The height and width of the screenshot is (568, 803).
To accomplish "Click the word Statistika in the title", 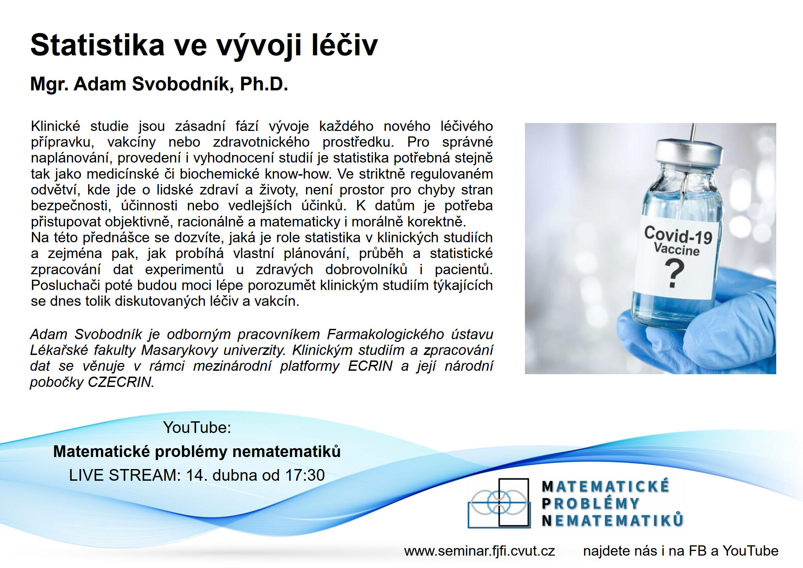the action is tap(97, 45).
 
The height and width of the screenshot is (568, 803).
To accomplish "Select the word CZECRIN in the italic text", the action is tap(121, 382).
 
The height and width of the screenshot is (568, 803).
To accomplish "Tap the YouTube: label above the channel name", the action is tap(197, 428).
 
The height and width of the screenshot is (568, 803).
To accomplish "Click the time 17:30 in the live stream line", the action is tap(305, 475).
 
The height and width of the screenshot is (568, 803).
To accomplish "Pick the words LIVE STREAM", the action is tap(125, 475).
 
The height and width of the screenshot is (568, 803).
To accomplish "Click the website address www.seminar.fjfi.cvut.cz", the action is tap(480, 551).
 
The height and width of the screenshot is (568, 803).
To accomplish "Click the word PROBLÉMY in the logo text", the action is tap(591, 504).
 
